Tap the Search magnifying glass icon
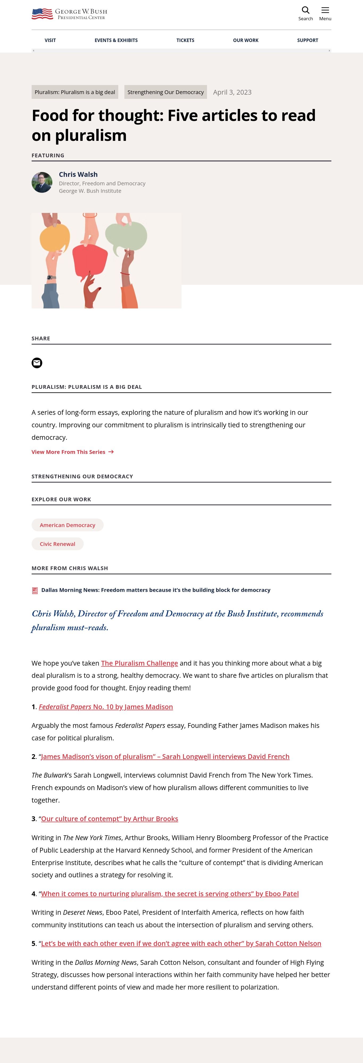tap(306, 10)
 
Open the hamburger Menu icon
tap(325, 10)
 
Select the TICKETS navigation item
tap(185, 40)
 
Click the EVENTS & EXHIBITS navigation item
tap(116, 40)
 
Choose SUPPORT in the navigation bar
tap(307, 40)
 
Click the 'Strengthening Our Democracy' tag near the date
tap(165, 92)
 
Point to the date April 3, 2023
tap(232, 92)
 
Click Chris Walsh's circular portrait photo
tap(42, 182)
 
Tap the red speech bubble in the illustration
tap(90, 260)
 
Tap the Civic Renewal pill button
tap(58, 544)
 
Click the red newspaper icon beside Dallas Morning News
tap(35, 590)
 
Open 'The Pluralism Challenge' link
tap(140, 663)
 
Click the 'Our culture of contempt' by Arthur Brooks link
tap(110, 819)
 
